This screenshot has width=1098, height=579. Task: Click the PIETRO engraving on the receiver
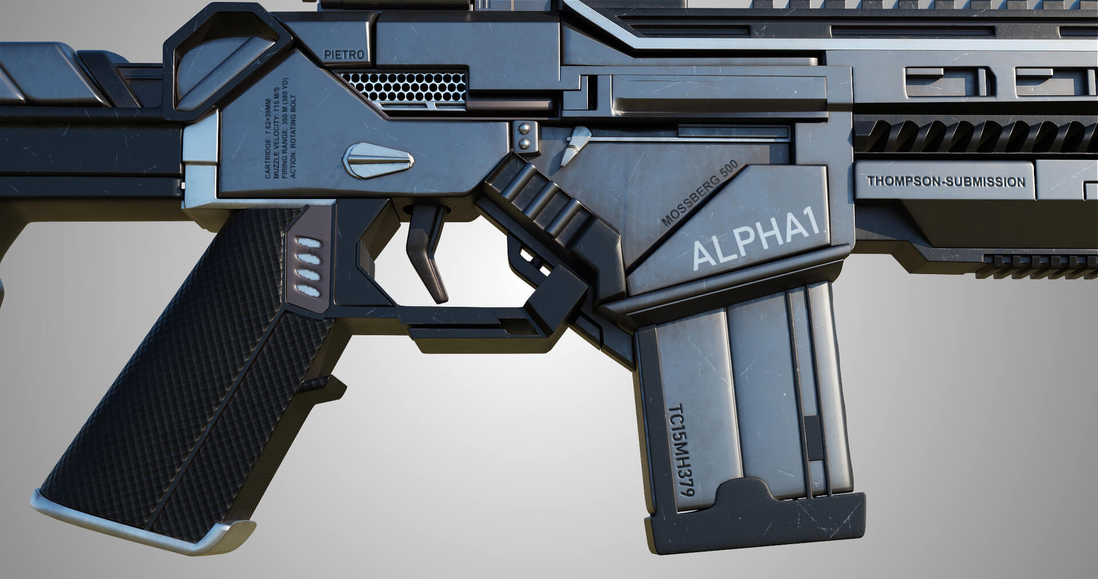click(344, 55)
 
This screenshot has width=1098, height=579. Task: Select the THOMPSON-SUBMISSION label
click(946, 182)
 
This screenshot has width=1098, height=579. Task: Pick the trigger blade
click(427, 251)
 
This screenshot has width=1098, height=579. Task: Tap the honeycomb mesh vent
click(404, 86)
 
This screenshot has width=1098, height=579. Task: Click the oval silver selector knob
click(378, 159)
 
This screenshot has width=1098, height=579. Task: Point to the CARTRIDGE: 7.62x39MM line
click(267, 139)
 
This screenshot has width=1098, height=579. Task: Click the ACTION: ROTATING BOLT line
click(293, 135)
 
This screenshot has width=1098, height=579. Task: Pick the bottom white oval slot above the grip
click(309, 291)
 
